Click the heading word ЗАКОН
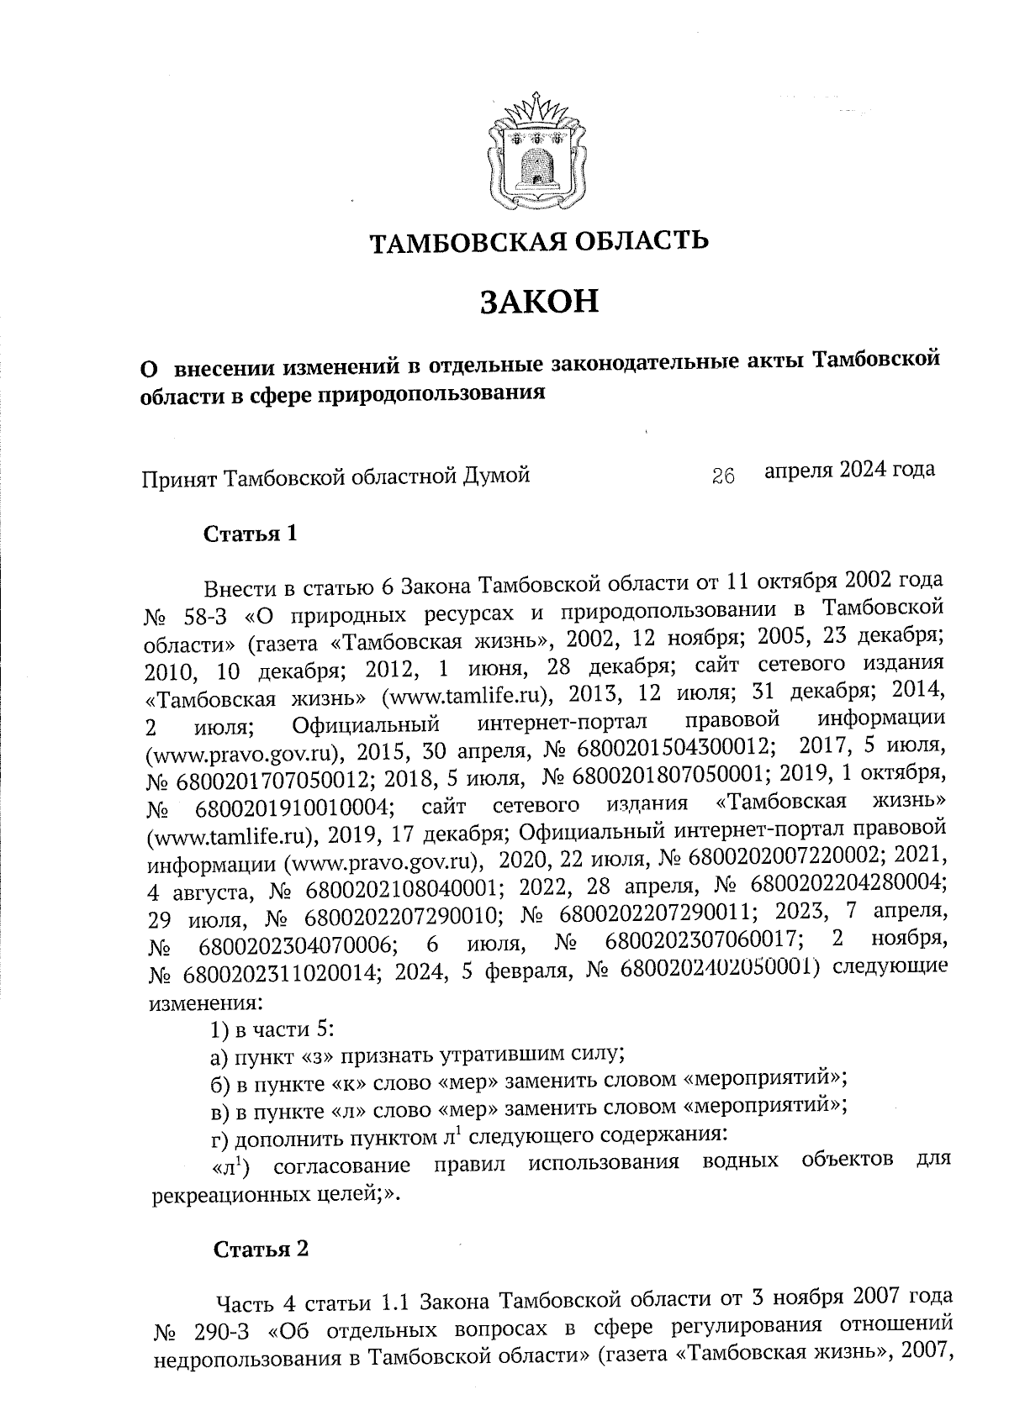tap(539, 301)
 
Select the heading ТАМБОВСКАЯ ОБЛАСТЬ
tap(539, 242)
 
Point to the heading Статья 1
tap(251, 534)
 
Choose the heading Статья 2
tap(261, 1250)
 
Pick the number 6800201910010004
tap(294, 807)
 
